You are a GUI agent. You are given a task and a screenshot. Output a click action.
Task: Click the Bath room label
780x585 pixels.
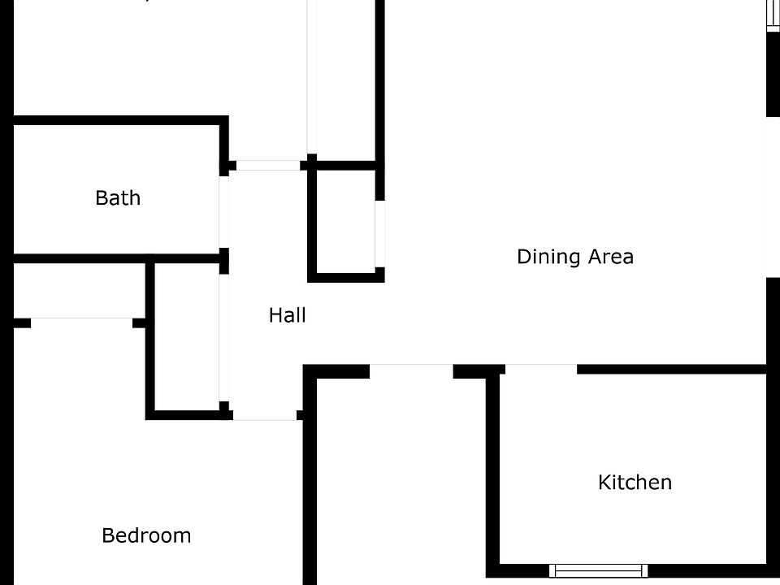click(x=118, y=197)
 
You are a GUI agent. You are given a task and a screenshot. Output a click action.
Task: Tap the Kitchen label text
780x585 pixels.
click(x=635, y=482)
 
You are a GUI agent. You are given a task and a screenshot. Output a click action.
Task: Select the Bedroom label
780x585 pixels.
click(x=146, y=535)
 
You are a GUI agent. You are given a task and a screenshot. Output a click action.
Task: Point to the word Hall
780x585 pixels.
click(x=287, y=315)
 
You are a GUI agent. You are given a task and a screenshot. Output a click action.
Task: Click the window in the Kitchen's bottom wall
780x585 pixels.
click(x=598, y=570)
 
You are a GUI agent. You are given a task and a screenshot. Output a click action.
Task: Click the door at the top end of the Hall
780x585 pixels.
click(x=268, y=165)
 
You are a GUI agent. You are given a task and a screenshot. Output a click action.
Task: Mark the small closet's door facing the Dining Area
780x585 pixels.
click(x=379, y=233)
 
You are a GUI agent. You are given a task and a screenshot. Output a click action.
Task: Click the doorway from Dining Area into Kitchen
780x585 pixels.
click(x=540, y=370)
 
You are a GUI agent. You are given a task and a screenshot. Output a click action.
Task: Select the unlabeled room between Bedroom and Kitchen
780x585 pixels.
click(x=401, y=479)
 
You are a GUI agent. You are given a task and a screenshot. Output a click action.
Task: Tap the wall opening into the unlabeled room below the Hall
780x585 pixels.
click(x=411, y=370)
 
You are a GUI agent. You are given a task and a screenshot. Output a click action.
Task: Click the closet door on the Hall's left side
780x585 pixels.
click(x=224, y=337)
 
